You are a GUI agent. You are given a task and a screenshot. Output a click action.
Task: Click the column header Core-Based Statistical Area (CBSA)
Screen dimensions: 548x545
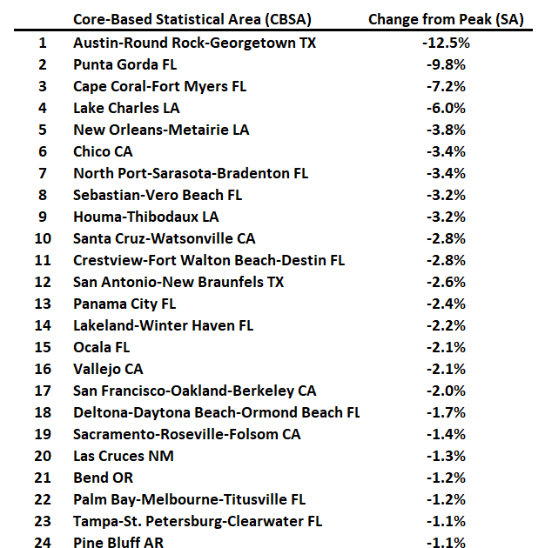192,19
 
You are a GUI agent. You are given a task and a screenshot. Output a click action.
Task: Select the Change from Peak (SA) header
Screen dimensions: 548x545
446,19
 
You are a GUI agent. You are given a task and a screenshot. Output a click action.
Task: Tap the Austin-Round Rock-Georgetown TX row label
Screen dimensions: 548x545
195,42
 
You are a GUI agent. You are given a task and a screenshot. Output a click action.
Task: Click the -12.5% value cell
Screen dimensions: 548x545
446,42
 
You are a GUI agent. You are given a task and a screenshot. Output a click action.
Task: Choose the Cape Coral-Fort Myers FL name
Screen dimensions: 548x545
159,85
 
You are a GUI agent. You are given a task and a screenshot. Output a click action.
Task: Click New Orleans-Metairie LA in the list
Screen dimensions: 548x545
161,129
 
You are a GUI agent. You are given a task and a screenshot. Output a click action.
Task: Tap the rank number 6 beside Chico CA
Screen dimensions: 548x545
42,151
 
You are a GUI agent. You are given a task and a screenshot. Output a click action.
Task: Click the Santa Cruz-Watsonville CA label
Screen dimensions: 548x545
165,238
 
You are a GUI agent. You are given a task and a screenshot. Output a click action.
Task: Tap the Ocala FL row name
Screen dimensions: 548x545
101,347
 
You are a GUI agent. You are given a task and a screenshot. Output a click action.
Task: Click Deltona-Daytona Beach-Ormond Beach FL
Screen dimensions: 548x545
217,412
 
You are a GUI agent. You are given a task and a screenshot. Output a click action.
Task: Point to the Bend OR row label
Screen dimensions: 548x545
103,478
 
